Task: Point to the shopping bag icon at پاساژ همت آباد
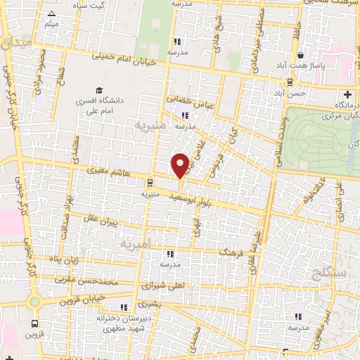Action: [301, 56]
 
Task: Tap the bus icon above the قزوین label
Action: [35, 324]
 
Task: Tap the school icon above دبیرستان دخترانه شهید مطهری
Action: [124, 307]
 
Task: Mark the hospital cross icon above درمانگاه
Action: [347, 94]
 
